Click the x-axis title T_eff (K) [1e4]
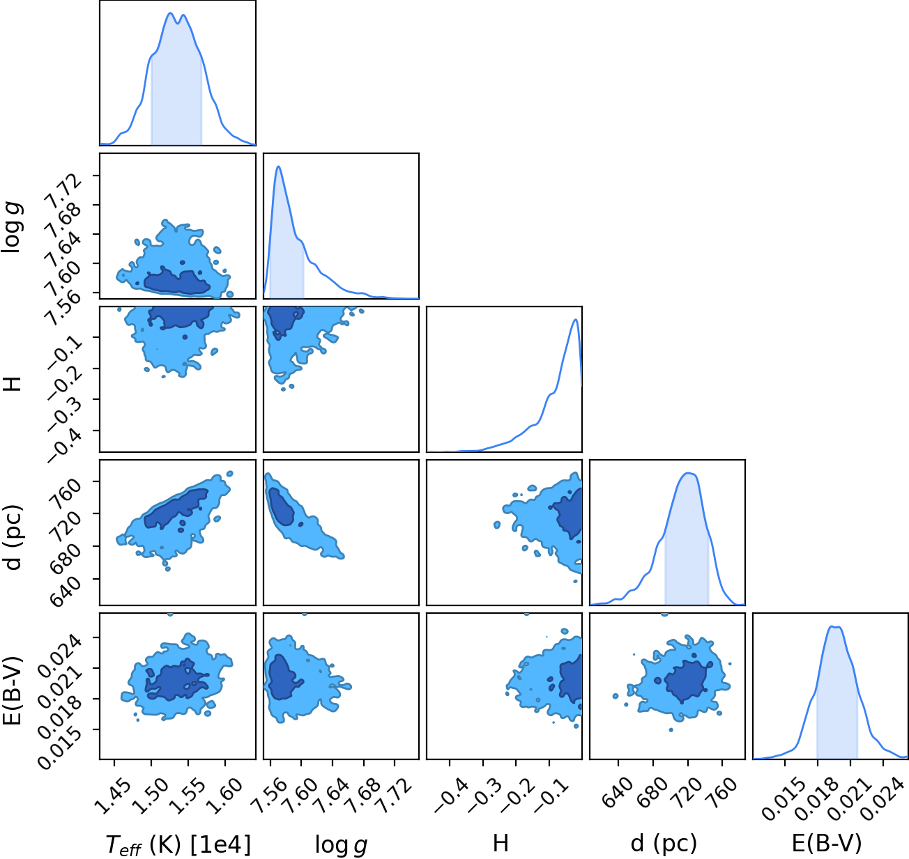coord(178,844)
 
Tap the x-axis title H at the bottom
coord(501,843)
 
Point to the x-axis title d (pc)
coord(664,844)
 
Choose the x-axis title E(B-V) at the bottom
coord(827,844)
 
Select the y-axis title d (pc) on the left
coord(13,537)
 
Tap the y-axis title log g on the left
coord(13,227)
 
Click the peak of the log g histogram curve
coord(279,167)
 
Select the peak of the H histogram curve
coord(575,319)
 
